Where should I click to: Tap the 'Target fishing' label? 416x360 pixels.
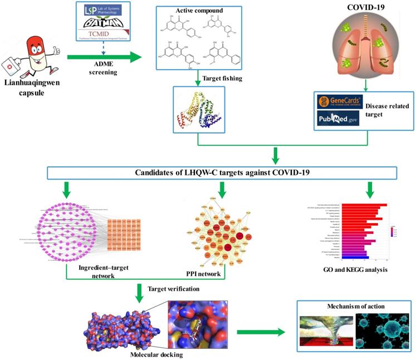click(x=224, y=79)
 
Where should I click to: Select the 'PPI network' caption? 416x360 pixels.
click(x=204, y=275)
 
